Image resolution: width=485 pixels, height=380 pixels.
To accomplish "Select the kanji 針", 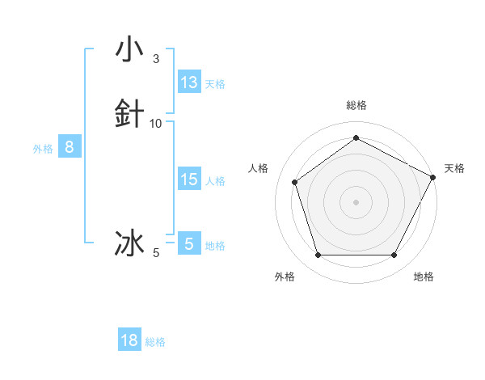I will [129, 113].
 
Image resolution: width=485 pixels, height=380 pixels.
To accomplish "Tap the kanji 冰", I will [129, 243].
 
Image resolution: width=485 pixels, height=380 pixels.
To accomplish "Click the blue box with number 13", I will [189, 82].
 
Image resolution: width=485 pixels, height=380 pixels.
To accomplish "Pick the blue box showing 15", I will [189, 179].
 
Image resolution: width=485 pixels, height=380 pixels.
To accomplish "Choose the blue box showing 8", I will [70, 147].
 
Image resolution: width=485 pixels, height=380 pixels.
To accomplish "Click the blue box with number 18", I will [129, 340].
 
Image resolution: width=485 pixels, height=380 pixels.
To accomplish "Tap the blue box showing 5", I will [189, 243].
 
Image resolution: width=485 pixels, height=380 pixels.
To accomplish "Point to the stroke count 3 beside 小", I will [156, 59].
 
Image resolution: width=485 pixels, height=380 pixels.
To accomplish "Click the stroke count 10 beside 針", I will [156, 123].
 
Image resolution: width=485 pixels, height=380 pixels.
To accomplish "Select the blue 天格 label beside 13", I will [215, 84].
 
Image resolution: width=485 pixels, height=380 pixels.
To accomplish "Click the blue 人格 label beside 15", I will [215, 181].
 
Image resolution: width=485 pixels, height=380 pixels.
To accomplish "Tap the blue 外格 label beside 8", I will [43, 149].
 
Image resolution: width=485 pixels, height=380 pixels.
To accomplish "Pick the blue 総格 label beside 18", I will [155, 342].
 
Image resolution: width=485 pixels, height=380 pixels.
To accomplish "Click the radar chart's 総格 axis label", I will [356, 105].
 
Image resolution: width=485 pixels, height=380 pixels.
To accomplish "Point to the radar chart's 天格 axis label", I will [454, 168].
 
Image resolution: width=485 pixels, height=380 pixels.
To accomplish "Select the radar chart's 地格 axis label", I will [424, 277].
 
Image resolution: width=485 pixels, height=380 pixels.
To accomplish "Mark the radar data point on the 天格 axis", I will [434, 176].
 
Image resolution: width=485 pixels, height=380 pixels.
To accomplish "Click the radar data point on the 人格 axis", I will [295, 182].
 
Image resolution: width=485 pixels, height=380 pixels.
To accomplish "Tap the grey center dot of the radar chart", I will [356, 201].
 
